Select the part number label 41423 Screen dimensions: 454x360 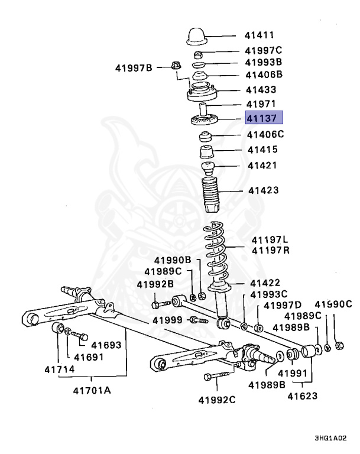[263, 190]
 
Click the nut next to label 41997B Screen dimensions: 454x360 [175, 66]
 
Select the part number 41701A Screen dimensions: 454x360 [92, 390]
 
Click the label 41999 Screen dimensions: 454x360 [168, 320]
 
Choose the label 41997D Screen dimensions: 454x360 [283, 306]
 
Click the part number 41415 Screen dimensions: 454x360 [262, 150]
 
